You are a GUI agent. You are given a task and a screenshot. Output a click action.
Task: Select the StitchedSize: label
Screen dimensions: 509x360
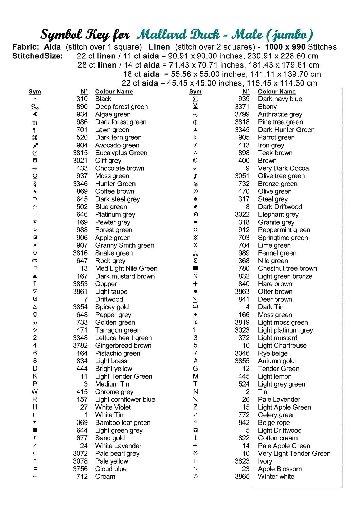tap(38, 56)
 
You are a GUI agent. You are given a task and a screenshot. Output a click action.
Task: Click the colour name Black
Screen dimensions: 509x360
tap(103, 99)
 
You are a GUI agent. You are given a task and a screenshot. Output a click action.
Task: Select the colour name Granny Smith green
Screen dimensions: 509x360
tap(125, 245)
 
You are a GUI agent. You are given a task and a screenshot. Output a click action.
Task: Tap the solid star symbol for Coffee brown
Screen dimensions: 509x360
tap(35, 191)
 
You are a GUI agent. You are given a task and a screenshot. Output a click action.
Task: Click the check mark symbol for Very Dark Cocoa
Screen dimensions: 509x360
tap(195, 168)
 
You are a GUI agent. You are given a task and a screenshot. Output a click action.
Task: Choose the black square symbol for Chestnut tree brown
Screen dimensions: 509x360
tap(195, 268)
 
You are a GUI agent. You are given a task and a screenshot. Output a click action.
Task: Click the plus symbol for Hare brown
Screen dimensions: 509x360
tap(195, 284)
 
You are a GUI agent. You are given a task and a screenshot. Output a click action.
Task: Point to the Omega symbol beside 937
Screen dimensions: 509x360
tap(35, 176)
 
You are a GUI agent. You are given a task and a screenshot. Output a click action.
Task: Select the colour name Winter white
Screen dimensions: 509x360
tap(276, 476)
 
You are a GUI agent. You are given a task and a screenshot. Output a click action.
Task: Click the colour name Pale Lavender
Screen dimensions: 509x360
tap(279, 399)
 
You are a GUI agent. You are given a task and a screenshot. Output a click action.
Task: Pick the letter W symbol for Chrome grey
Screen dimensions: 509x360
tap(35, 392)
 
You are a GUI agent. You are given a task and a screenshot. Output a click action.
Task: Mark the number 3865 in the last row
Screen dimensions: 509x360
tap(242, 476)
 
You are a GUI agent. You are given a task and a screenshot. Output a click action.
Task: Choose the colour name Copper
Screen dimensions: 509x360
tap(106, 284)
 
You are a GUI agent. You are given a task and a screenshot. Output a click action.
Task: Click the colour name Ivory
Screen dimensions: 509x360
tap(265, 461)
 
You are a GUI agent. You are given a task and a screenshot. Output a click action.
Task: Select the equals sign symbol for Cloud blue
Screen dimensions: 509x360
tap(35, 469)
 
